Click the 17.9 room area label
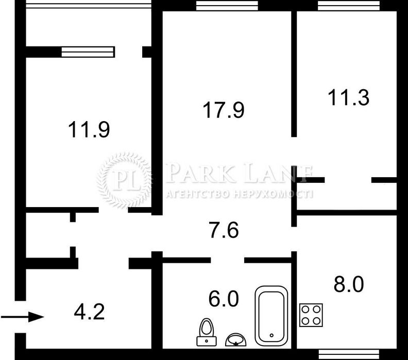tap(224, 110)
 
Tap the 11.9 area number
tap(89, 130)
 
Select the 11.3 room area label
tap(348, 97)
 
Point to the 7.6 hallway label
tap(224, 230)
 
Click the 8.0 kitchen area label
tap(349, 284)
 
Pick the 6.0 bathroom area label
tap(224, 299)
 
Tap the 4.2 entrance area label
tap(89, 312)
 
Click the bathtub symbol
tap(271, 316)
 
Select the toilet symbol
tap(207, 332)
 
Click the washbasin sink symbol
tap(236, 340)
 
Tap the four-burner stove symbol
tap(311, 315)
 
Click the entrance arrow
tap(22, 317)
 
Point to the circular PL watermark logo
tap(124, 181)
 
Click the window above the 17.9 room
tap(227, 6)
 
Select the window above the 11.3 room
tap(349, 6)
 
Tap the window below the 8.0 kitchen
tap(349, 354)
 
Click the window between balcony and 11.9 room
tap(88, 52)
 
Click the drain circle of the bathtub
tap(271, 335)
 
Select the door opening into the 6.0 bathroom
tap(227, 260)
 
